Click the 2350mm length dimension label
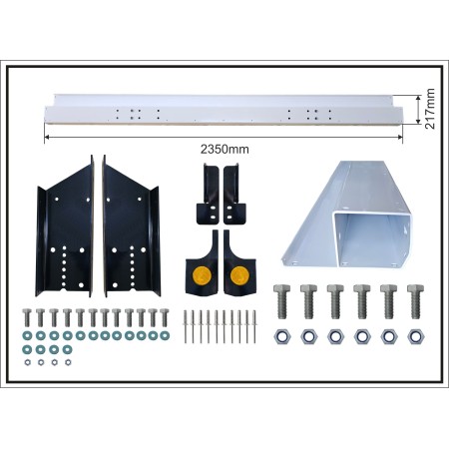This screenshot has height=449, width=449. (x=224, y=150)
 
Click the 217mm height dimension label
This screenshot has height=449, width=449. (x=430, y=109)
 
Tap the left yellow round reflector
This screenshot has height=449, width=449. (x=202, y=275)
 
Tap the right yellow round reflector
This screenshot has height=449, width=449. (x=239, y=275)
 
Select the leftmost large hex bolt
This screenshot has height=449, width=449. (x=282, y=301)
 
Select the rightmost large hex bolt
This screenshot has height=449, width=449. (x=415, y=301)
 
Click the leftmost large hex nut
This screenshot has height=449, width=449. (x=282, y=336)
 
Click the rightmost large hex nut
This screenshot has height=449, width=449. (x=416, y=336)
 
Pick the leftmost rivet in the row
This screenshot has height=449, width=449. (x=186, y=326)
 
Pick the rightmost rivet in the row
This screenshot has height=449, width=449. (x=254, y=326)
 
